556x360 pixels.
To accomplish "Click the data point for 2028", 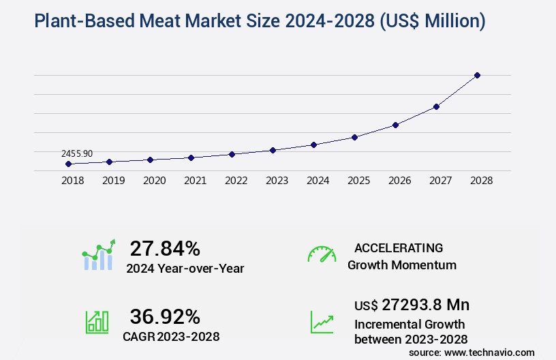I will pos(477,75).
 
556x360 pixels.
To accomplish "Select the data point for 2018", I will pos(68,164).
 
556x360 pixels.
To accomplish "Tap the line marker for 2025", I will pos(354,137).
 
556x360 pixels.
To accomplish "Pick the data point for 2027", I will pos(436,106).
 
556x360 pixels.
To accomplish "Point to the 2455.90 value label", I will pos(77,153).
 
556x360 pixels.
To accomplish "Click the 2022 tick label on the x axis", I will pos(236,181).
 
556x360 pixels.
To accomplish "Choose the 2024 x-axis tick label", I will pos(318,181).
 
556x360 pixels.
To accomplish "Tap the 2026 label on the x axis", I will pos(399,181).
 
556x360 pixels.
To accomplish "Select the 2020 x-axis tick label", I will pos(154,181).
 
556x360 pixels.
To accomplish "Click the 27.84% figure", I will pos(165,248).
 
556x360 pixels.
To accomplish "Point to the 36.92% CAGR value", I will pos(165,316).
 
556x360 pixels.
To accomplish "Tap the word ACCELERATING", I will pos(399,248).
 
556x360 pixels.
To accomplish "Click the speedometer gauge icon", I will pos(322,254).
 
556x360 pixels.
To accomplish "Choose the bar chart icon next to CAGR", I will pos(97,322).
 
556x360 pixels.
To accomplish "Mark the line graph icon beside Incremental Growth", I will pos(322,322).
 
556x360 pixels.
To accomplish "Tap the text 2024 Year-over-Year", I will pos(185,269).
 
